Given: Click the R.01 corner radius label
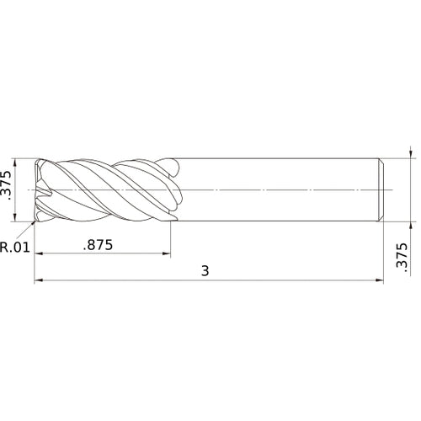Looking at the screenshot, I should point(15,248).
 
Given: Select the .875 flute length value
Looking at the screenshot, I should point(100,245).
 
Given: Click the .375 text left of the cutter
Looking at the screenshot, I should point(8,190).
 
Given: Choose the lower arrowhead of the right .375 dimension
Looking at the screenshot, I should point(410,224).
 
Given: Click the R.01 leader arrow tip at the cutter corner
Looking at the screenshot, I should point(35,221).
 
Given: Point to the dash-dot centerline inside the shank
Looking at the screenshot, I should point(278,190).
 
